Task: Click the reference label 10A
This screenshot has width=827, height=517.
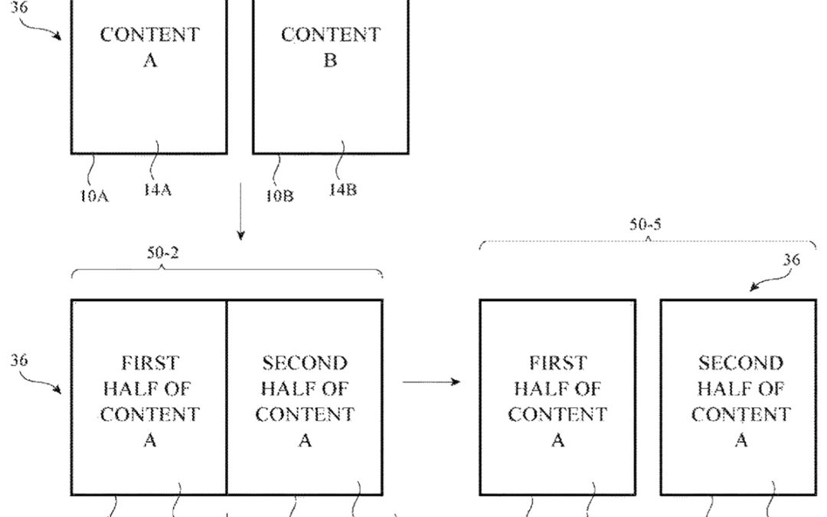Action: (93, 195)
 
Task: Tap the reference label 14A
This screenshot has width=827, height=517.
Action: (158, 190)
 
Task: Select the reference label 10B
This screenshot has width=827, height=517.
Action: (279, 195)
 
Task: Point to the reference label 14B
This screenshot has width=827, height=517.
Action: (342, 190)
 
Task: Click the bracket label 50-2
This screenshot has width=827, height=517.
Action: (163, 253)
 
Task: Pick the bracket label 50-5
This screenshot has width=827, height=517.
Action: (646, 224)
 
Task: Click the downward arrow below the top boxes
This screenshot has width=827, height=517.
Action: (240, 211)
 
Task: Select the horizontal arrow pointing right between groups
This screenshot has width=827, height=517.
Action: (431, 381)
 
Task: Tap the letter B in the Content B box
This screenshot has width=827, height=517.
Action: (329, 61)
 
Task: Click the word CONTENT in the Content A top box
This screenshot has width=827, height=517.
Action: (150, 35)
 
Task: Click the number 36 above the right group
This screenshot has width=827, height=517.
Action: (791, 260)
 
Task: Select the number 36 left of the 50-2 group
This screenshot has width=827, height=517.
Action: (20, 358)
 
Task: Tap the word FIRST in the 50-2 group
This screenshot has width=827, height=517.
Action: (150, 362)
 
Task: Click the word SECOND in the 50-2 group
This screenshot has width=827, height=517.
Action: (305, 362)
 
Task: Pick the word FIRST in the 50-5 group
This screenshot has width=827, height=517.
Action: (558, 362)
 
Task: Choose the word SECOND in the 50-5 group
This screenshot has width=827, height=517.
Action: (740, 362)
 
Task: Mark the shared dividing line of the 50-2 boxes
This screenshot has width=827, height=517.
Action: (227, 398)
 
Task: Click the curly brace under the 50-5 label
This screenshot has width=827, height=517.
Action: (647, 244)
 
